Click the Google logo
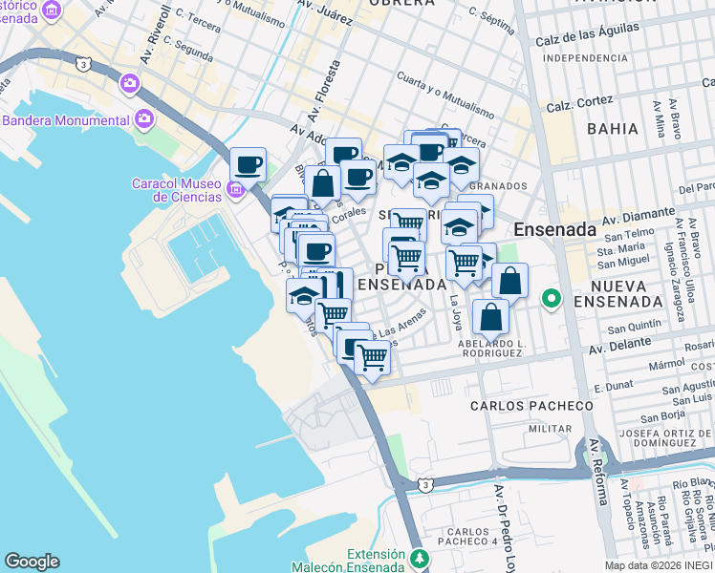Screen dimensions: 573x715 pyautogui.click(x=32, y=561)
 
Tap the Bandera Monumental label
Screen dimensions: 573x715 pyautogui.click(x=65, y=120)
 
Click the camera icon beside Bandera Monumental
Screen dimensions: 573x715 pyautogui.click(x=144, y=119)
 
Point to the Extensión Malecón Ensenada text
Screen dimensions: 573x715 pyautogui.click(x=381, y=561)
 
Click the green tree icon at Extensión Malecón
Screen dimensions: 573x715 pyautogui.click(x=419, y=557)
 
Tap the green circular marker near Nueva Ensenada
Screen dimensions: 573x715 pyautogui.click(x=551, y=300)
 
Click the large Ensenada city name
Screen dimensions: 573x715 pyautogui.click(x=554, y=230)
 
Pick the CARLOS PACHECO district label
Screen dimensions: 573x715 pyautogui.click(x=531, y=405)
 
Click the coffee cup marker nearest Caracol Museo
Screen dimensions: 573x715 pyautogui.click(x=248, y=165)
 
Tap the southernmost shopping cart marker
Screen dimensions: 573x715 pyautogui.click(x=372, y=358)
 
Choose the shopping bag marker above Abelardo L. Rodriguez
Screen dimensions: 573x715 pyautogui.click(x=489, y=318)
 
